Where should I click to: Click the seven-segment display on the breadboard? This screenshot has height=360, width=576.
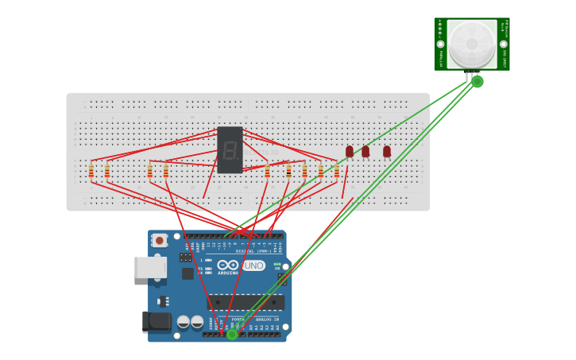pos(230,149)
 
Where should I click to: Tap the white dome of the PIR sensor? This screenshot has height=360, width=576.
pos(472,44)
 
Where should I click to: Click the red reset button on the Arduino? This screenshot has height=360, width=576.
pos(160,240)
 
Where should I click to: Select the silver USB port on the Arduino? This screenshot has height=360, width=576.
pos(150,267)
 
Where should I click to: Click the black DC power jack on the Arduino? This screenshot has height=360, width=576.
pos(157,321)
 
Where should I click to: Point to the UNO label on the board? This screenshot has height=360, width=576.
pos(253,265)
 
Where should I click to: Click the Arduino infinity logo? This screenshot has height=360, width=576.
pos(228,265)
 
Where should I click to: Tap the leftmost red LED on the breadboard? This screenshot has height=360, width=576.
pos(349,151)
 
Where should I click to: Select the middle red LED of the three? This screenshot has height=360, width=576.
pos(365,151)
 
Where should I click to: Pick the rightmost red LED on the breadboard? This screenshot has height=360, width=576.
pos(387,151)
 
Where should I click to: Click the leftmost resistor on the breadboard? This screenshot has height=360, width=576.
pos(91,171)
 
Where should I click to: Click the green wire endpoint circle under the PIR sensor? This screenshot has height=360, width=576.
pos(477,81)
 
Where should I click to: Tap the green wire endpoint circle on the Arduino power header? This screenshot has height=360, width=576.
pos(232,335)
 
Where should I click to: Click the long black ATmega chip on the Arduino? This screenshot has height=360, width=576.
pos(245,302)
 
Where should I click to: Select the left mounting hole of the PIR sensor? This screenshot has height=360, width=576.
pos(440,44)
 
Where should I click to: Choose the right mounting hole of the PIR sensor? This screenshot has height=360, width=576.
pos(504,44)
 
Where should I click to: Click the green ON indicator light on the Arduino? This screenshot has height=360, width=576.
pos(276,265)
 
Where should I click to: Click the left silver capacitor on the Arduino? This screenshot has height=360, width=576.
pos(184,322)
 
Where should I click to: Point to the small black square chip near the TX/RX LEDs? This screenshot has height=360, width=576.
pos(187,273)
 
